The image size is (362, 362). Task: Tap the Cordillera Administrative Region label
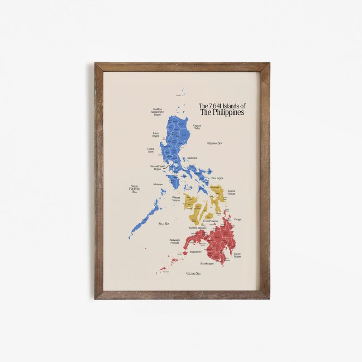(157, 112)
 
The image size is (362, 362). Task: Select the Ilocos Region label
(156, 134)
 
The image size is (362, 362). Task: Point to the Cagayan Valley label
(197, 127)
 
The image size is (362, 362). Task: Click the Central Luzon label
(151, 150)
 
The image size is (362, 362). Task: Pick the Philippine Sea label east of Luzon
(214, 143)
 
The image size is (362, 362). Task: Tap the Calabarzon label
(192, 158)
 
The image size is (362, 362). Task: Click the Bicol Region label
(217, 178)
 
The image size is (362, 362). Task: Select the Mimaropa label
(158, 185)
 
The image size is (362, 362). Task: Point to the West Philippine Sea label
(134, 189)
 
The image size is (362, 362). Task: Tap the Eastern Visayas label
(231, 192)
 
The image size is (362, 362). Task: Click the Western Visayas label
(176, 199)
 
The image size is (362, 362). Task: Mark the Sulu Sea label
(163, 224)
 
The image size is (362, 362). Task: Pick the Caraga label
(238, 219)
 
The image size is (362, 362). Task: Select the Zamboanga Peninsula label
(175, 241)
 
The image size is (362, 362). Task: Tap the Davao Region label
(237, 255)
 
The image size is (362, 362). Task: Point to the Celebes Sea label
(193, 273)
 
